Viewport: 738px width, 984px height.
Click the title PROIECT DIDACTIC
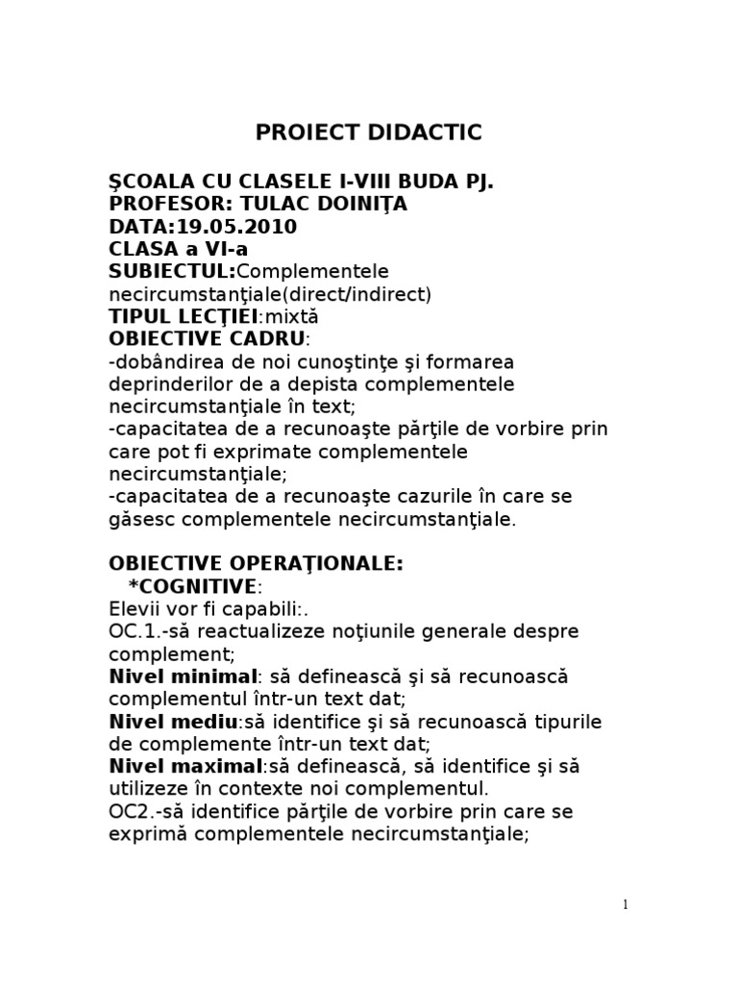[368, 133]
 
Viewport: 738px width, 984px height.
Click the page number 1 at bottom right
[625, 904]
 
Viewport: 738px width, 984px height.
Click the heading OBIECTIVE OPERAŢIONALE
[256, 564]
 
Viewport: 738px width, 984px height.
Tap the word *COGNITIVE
[192, 586]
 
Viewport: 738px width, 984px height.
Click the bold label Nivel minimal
[183, 676]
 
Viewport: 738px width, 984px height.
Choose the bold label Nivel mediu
[172, 722]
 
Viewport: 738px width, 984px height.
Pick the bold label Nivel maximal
[185, 767]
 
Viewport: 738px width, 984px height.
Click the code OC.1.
[132, 631]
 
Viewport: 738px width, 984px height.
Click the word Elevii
[131, 609]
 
